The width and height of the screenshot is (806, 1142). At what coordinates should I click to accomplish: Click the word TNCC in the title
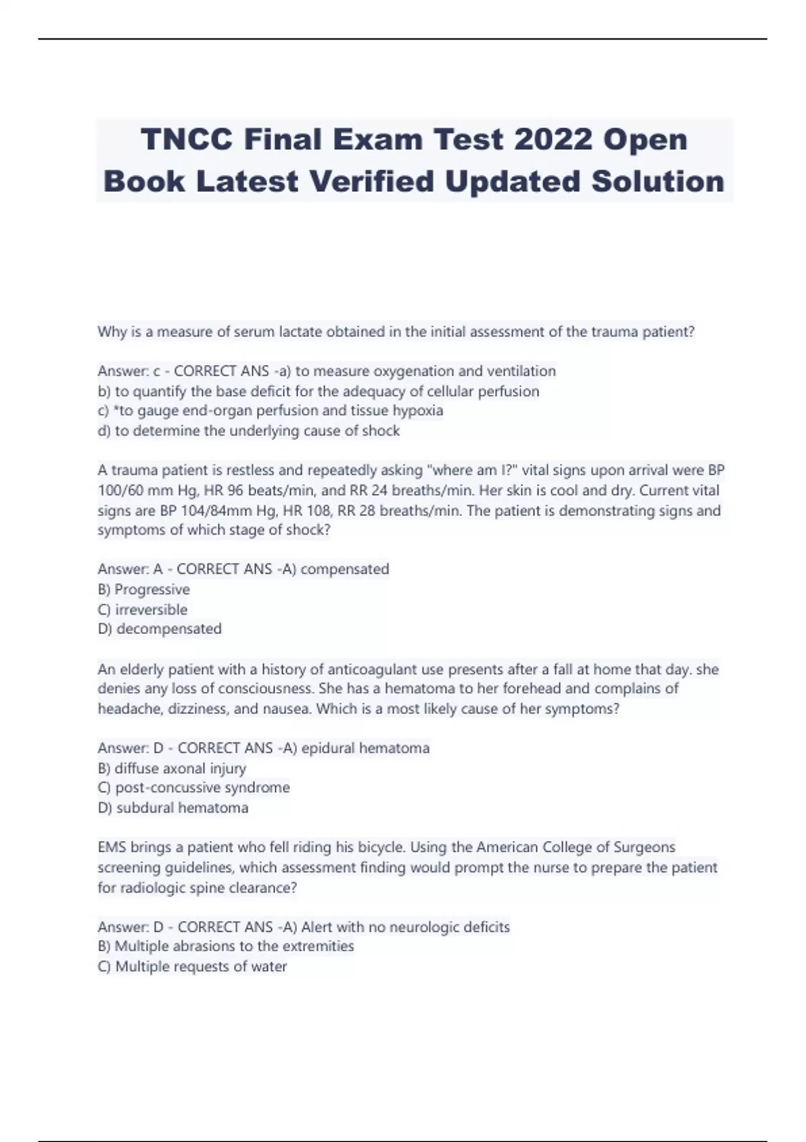pos(187,140)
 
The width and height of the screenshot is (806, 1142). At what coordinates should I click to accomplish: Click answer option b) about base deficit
pos(318,392)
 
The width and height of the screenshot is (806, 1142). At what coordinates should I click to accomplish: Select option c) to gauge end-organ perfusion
pos(270,411)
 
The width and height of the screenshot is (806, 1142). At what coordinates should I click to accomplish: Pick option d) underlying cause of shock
pos(249,431)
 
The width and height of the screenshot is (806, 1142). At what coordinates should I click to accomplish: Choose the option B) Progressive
pos(144,590)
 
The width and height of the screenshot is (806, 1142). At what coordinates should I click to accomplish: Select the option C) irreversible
pos(142,610)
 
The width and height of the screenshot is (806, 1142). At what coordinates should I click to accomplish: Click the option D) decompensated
pos(159,629)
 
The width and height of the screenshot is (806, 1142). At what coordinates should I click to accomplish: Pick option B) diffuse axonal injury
pos(172,768)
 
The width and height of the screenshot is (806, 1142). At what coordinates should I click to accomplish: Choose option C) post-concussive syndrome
pos(193,788)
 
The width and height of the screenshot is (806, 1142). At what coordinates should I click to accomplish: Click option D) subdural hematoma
pos(173,808)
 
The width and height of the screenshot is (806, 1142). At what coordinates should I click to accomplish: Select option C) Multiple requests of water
pos(192,967)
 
